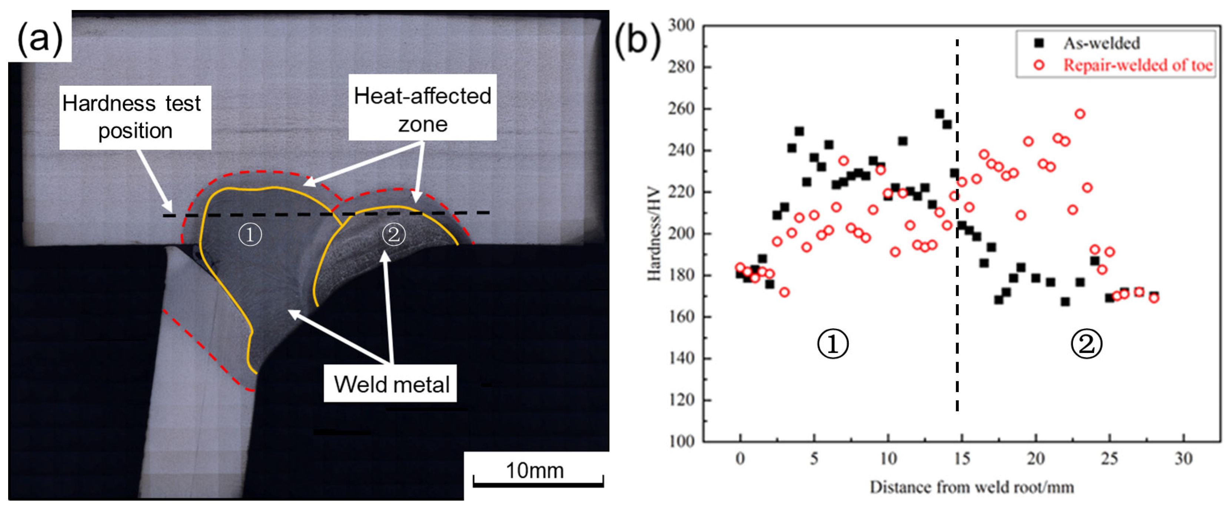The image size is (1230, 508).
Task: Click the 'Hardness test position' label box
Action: pos(135,117)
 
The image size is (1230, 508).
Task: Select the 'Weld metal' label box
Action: pos(390,384)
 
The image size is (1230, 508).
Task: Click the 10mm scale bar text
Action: pos(534,471)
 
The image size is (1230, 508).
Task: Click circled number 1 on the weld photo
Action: pos(250,235)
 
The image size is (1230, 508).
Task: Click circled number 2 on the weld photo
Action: pos(393,235)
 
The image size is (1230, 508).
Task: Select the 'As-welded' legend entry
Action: pos(1101,43)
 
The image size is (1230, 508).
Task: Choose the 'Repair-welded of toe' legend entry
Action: pos(1137,65)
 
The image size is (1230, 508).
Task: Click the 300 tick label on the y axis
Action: pos(681,25)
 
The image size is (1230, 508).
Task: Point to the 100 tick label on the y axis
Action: pos(681,441)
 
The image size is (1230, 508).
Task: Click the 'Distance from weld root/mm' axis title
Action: pos(972,487)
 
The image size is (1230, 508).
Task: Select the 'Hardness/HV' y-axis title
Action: pos(654,234)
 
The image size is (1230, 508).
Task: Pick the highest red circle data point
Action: pos(1080,114)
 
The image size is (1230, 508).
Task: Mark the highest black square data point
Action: pos(940,114)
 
